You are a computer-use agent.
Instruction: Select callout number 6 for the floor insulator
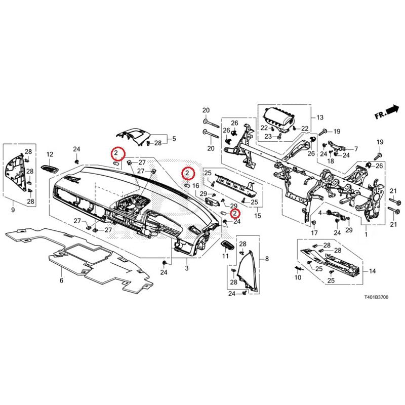pyautogui.click(x=61, y=280)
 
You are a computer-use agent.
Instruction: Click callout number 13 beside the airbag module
pyautogui.click(x=319, y=117)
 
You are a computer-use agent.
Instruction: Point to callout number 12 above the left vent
pyautogui.click(x=50, y=154)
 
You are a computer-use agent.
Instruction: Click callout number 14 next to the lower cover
pyautogui.click(x=372, y=271)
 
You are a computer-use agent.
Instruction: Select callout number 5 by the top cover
pyautogui.click(x=174, y=138)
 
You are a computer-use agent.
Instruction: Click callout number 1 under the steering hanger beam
pyautogui.click(x=366, y=235)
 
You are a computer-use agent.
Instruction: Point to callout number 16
pyautogui.click(x=196, y=186)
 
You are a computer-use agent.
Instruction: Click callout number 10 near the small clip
pyautogui.click(x=298, y=277)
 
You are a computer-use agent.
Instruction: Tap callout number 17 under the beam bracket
pyautogui.click(x=314, y=233)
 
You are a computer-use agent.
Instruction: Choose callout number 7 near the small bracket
pyautogui.click(x=356, y=149)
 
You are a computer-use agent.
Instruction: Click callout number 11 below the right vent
pyautogui.click(x=226, y=257)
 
